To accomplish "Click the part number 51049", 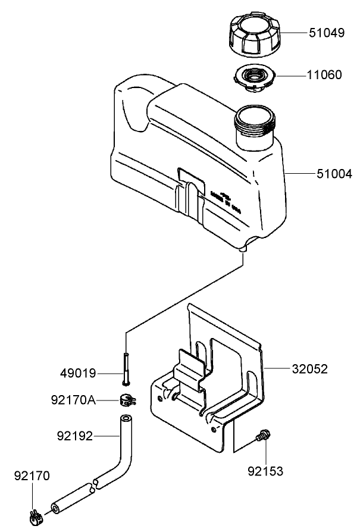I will coord(326,33).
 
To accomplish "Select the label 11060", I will coord(324,75).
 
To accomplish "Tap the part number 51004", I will coord(334,174).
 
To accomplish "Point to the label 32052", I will coord(309,369).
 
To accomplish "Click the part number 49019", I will coord(78,374).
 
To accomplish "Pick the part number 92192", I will coord(75,436).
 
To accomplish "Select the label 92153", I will coord(265,471).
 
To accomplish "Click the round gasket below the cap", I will coord(254,78).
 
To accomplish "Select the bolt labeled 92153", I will coord(261,438).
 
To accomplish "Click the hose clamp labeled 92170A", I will coord(127,400).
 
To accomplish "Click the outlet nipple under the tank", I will coord(243,249).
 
